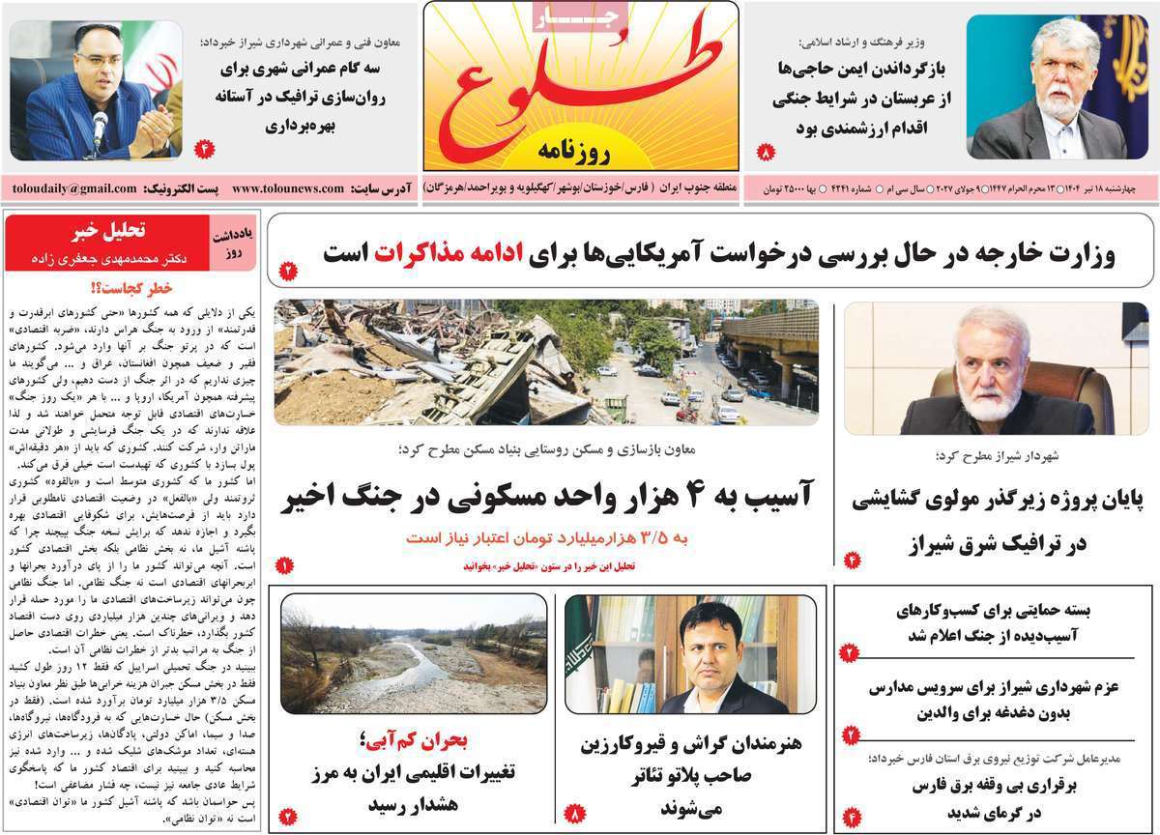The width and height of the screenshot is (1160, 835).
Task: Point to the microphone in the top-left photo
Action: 99,124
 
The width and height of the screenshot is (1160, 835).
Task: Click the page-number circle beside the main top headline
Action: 287,272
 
